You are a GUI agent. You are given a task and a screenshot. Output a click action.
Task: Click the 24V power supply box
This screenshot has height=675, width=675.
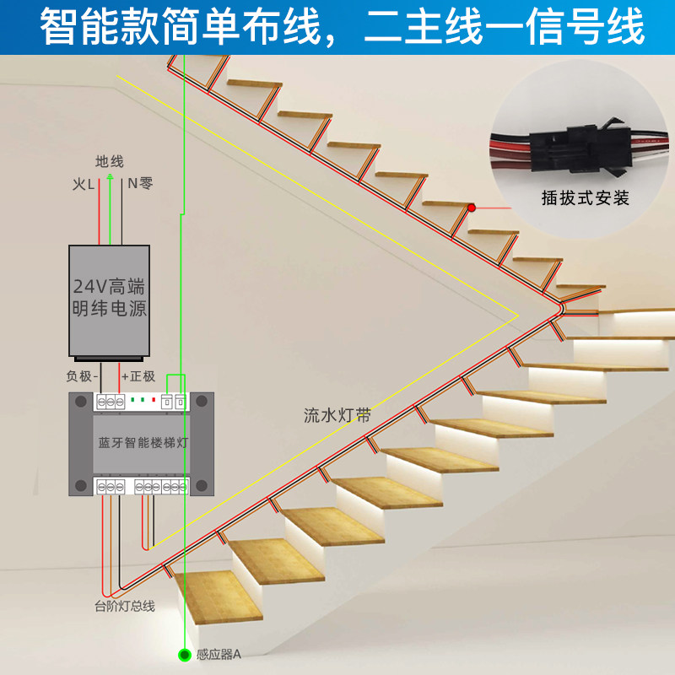pyautogui.click(x=109, y=300)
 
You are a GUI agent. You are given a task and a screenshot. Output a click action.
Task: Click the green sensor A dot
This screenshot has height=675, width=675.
pyautogui.click(x=183, y=653)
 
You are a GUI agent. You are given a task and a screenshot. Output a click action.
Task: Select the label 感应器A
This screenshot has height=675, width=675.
pyautogui.click(x=219, y=654)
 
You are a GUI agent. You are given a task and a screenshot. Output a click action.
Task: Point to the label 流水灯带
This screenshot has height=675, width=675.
pyautogui.click(x=337, y=415)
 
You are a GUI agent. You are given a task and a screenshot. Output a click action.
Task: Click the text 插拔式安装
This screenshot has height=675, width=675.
pyautogui.click(x=585, y=199)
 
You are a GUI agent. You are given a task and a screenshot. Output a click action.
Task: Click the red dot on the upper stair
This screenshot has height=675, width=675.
pyautogui.click(x=472, y=208)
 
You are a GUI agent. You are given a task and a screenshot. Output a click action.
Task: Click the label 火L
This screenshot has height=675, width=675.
pyautogui.click(x=84, y=182)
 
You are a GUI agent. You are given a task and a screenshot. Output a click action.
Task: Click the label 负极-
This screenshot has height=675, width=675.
pyautogui.click(x=83, y=375)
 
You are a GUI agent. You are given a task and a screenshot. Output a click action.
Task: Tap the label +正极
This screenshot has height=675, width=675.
pyautogui.click(x=138, y=375)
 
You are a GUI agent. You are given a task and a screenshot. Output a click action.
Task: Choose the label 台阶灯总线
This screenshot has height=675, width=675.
pyautogui.click(x=124, y=606)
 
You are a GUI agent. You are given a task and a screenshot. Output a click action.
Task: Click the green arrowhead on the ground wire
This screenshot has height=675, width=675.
pyautogui.click(x=110, y=178)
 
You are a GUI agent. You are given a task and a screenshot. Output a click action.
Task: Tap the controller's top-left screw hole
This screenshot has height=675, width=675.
pyautogui.click(x=81, y=403)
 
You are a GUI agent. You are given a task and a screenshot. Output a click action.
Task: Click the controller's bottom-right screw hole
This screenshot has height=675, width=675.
pyautogui.click(x=202, y=484)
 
